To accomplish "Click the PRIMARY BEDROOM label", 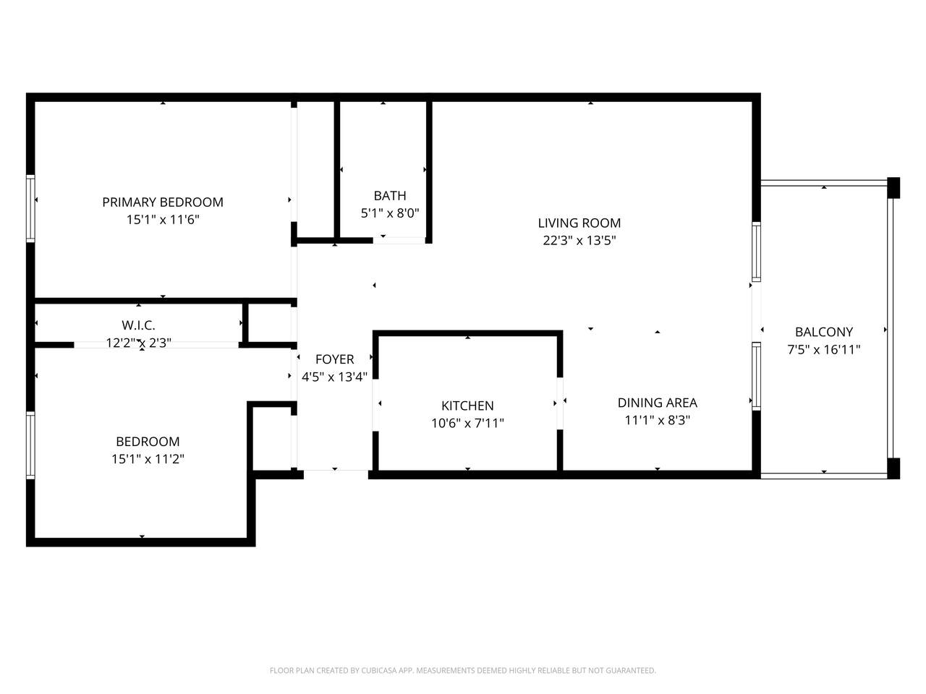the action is [x=163, y=202].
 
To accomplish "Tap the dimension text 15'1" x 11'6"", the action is [x=163, y=220].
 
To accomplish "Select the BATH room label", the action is [x=390, y=195].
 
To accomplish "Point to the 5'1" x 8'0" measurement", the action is [x=390, y=213].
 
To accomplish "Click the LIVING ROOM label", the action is [x=579, y=223].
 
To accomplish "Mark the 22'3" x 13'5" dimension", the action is [x=579, y=240].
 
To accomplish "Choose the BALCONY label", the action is [x=823, y=332].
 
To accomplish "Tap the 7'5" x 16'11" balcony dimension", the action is [x=823, y=349].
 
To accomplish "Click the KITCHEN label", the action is [x=467, y=406].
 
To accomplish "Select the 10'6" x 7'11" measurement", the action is [x=467, y=423].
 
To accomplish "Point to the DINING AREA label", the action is [x=658, y=403].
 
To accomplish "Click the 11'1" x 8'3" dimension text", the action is [x=658, y=420].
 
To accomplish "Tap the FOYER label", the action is [x=334, y=359].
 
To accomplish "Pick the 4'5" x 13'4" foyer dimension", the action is [x=334, y=377].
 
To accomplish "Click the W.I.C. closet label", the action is [x=138, y=325].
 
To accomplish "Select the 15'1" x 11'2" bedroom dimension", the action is [x=148, y=459].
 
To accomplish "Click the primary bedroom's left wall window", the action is [x=30, y=209].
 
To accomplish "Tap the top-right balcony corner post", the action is [x=893, y=188].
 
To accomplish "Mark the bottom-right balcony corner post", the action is [x=893, y=468].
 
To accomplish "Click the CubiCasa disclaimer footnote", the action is [x=463, y=670].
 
